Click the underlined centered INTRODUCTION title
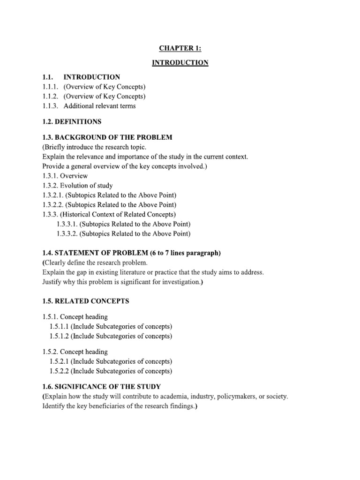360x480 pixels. click(x=180, y=63)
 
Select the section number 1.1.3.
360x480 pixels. click(x=50, y=106)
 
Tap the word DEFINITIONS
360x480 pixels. click(x=79, y=122)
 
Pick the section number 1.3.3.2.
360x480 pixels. click(x=67, y=234)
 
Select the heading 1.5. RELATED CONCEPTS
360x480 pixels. click(x=86, y=301)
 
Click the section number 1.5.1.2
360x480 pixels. click(x=59, y=336)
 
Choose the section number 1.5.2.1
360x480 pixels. click(x=59, y=361)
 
